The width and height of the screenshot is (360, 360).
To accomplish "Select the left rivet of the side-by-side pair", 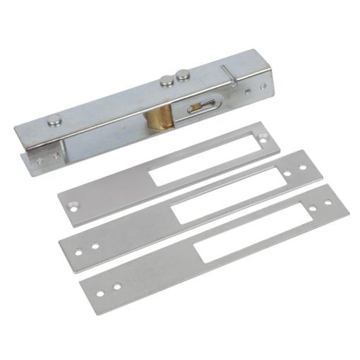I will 167,80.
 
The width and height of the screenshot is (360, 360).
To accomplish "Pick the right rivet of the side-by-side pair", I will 183,73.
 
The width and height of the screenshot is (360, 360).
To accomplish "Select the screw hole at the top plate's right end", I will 263,140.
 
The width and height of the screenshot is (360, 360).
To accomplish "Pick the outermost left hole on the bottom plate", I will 100,292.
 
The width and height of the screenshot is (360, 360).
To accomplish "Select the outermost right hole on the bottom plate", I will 329,202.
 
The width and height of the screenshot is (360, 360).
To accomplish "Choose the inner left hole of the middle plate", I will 95,246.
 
